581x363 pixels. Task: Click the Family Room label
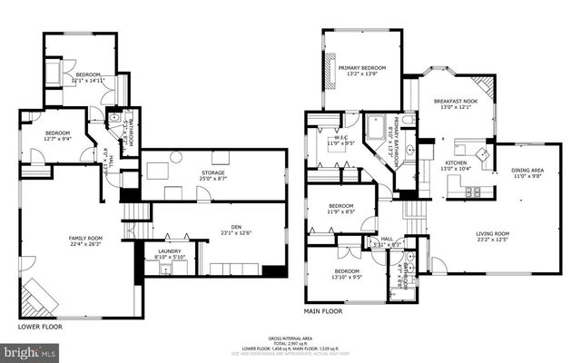[x=86, y=240]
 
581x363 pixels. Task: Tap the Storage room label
[x=213, y=174]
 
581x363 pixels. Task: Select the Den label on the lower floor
[x=217, y=231]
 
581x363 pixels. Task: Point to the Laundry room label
[x=170, y=254]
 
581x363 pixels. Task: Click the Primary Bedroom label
[x=362, y=71]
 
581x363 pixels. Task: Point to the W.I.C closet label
[x=338, y=140]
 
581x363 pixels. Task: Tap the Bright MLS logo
[x=30, y=350]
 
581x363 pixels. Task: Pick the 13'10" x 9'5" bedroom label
[x=347, y=273]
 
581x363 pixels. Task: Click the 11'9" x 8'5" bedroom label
[x=340, y=208]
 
